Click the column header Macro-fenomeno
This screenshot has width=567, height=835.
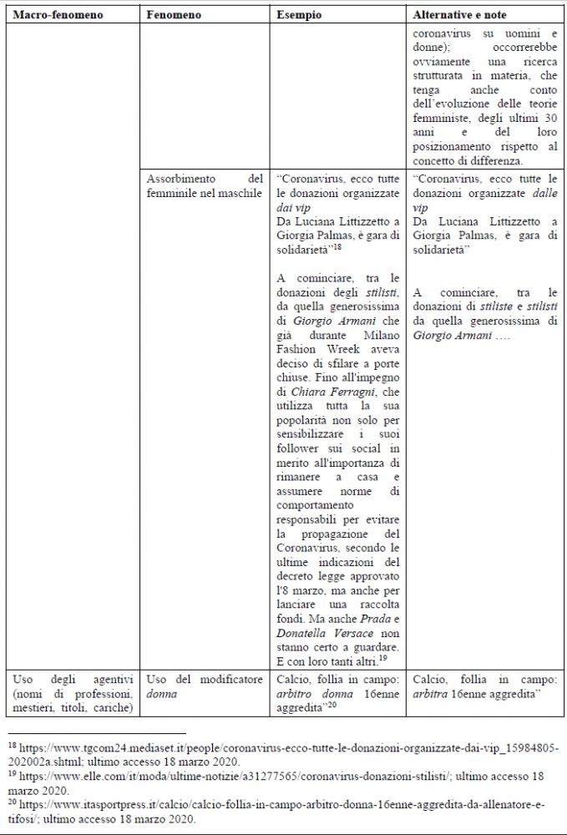pos(48,15)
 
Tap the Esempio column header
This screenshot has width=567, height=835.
pos(301,15)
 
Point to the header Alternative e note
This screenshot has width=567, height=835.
pos(459,15)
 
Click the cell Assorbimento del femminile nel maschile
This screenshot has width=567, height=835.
pos(205,186)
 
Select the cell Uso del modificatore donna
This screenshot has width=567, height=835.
pos(205,686)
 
